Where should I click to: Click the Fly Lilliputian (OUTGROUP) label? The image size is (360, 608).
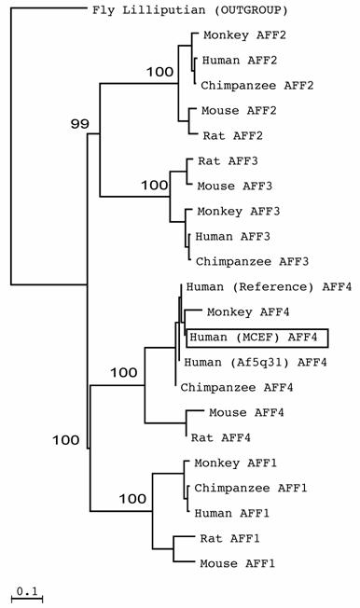click(x=189, y=12)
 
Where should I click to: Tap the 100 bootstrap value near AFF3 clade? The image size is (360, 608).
click(x=153, y=186)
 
